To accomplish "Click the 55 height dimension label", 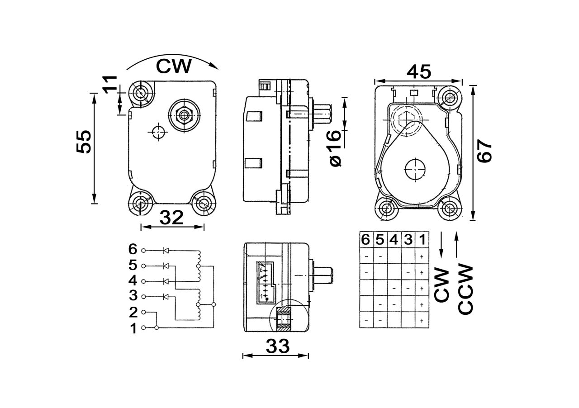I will pyautogui.click(x=84, y=142).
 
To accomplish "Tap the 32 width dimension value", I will pyautogui.click(x=171, y=218).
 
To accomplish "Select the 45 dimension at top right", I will pyautogui.click(x=418, y=71).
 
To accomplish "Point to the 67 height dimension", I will pyautogui.click(x=484, y=151).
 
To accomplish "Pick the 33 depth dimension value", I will pyautogui.click(x=277, y=346).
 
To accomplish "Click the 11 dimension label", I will pyautogui.click(x=109, y=84).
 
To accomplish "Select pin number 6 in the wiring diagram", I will pyautogui.click(x=133, y=249).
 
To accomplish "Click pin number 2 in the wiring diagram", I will pyautogui.click(x=133, y=312).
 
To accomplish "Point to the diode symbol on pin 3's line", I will pyautogui.click(x=166, y=297).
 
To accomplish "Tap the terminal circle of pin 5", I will pyautogui.click(x=144, y=266).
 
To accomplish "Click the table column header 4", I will pyautogui.click(x=394, y=240).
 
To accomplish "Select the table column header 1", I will pyautogui.click(x=422, y=240).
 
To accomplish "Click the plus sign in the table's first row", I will pyautogui.click(x=422, y=256).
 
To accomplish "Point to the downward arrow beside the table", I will pyautogui.click(x=441, y=247).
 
